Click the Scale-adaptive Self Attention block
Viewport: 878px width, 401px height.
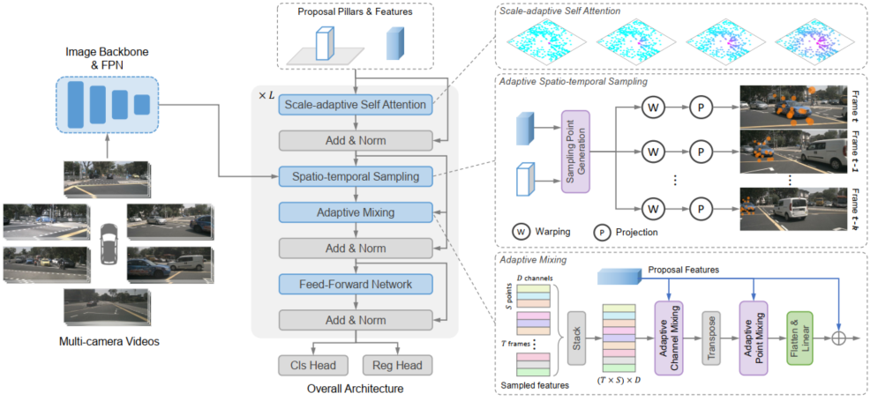(x=356, y=105)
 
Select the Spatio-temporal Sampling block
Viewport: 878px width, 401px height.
(x=356, y=177)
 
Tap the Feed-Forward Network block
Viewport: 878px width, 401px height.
(x=356, y=284)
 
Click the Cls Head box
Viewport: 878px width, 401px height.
(x=313, y=365)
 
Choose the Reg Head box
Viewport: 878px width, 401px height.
(x=398, y=365)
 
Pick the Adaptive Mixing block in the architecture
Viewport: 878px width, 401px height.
(x=356, y=212)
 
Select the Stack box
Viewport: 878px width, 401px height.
(x=578, y=338)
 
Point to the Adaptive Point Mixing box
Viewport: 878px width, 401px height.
(x=753, y=338)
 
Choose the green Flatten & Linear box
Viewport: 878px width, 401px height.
(x=799, y=338)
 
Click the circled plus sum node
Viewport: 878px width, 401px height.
(x=838, y=339)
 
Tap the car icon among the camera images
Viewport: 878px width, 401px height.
(x=109, y=244)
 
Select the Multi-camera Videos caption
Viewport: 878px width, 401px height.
(x=109, y=341)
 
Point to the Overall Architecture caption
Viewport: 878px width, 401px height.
(x=356, y=388)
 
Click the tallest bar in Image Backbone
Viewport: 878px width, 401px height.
(x=76, y=105)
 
